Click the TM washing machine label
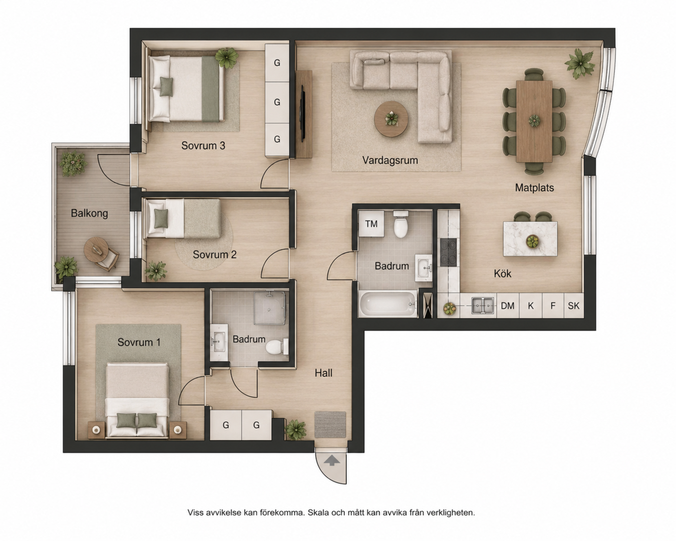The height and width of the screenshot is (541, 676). (371, 224)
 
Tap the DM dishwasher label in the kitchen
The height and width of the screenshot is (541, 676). (508, 306)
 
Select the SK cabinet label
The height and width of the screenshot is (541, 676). (573, 306)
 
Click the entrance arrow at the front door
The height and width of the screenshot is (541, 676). (331, 461)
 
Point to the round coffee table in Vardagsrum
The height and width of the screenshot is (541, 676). (391, 119)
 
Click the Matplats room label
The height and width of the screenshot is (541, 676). (534, 188)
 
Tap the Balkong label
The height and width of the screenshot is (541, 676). (90, 213)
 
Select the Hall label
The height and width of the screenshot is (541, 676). (323, 373)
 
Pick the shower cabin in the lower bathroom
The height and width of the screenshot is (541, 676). (269, 308)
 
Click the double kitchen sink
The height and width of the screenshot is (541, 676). (483, 306)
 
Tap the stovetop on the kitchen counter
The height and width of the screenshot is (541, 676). (448, 252)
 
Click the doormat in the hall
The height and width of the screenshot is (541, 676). (330, 424)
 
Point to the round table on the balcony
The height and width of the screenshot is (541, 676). (96, 249)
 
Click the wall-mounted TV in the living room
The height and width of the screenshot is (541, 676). (303, 113)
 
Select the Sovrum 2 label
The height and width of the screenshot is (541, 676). (214, 254)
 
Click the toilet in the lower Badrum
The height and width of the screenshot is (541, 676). (277, 347)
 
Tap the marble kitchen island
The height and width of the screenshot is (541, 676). (530, 239)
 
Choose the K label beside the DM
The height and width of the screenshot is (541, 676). (531, 306)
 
